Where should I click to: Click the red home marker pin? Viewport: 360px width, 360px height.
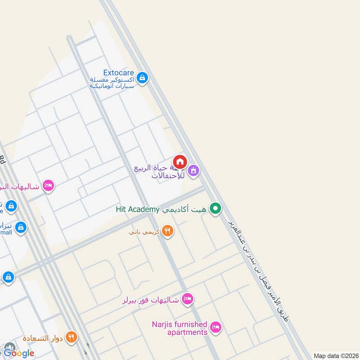pyautogui.click(x=180, y=162)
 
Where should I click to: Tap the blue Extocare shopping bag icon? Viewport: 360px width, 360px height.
pyautogui.click(x=142, y=78)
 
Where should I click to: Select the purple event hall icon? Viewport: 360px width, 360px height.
pyautogui.click(x=193, y=171)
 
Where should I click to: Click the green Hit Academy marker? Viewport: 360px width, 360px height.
pyautogui.click(x=216, y=208)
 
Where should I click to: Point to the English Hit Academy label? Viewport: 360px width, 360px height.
pyautogui.click(x=137, y=209)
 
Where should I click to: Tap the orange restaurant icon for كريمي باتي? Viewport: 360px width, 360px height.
pyautogui.click(x=167, y=231)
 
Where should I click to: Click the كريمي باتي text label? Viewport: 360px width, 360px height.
pyautogui.click(x=144, y=233)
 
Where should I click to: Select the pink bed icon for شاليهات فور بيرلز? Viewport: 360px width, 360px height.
pyautogui.click(x=188, y=298)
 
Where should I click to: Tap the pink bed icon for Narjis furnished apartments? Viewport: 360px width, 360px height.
pyautogui.click(x=216, y=327)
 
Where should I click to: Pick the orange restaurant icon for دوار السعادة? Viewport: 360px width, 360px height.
pyautogui.click(x=71, y=337)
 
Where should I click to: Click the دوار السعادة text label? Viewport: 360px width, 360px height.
pyautogui.click(x=44, y=338)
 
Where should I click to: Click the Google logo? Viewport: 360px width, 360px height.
pyautogui.click(x=19, y=353)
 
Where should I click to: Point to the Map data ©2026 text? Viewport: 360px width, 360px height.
pyautogui.click(x=335, y=355)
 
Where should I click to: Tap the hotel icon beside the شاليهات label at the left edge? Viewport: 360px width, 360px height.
pyautogui.click(x=48, y=185)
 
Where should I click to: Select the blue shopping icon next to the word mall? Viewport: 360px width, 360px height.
pyautogui.click(x=20, y=228)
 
